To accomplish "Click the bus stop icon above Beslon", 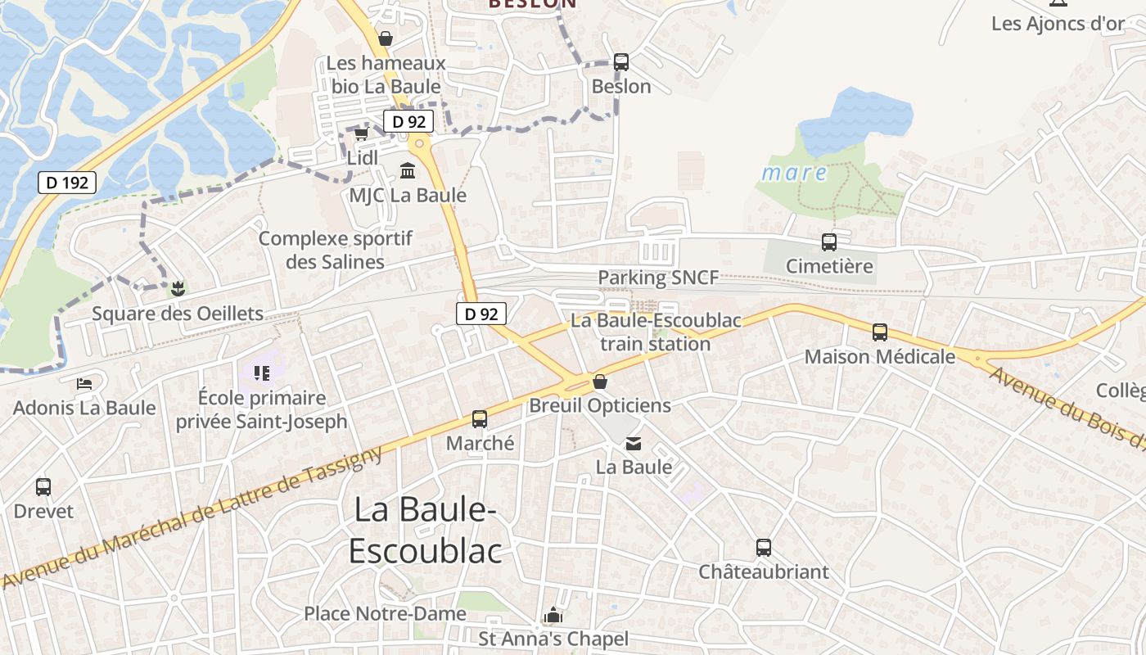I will click(620, 62).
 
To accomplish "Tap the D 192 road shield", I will click(67, 183).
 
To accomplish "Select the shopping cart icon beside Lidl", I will click(361, 133).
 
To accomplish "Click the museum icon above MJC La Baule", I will click(407, 170).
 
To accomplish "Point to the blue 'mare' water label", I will click(794, 173).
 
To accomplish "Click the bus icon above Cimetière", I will click(829, 242).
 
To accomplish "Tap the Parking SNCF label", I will click(658, 278).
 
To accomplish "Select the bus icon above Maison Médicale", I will click(880, 332).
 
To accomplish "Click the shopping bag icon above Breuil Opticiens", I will click(600, 382).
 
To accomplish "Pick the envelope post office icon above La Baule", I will click(634, 444).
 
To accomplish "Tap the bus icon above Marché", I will click(480, 419).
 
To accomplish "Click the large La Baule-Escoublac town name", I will click(425, 531).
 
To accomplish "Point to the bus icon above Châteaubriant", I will click(764, 548).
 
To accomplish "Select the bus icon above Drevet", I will click(43, 487).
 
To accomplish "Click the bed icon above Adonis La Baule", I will click(84, 383).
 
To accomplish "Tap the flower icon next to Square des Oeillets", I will click(177, 288).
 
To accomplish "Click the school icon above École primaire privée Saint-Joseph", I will click(262, 374).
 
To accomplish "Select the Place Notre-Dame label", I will click(385, 613).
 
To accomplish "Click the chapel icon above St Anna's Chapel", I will click(553, 616).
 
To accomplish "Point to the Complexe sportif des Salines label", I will click(336, 250).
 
